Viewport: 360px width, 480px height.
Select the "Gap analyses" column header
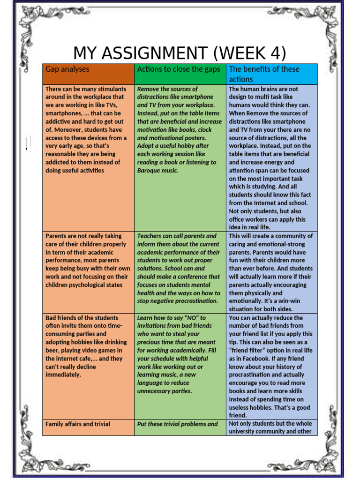point(67,69)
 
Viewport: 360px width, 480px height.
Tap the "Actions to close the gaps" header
point(178,69)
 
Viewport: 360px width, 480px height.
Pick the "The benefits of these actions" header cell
point(263,74)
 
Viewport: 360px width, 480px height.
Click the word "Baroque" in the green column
point(148,171)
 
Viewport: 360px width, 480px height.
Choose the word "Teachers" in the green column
point(150,236)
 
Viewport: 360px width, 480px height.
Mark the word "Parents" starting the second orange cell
point(56,236)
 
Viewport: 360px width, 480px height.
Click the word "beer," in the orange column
point(53,350)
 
